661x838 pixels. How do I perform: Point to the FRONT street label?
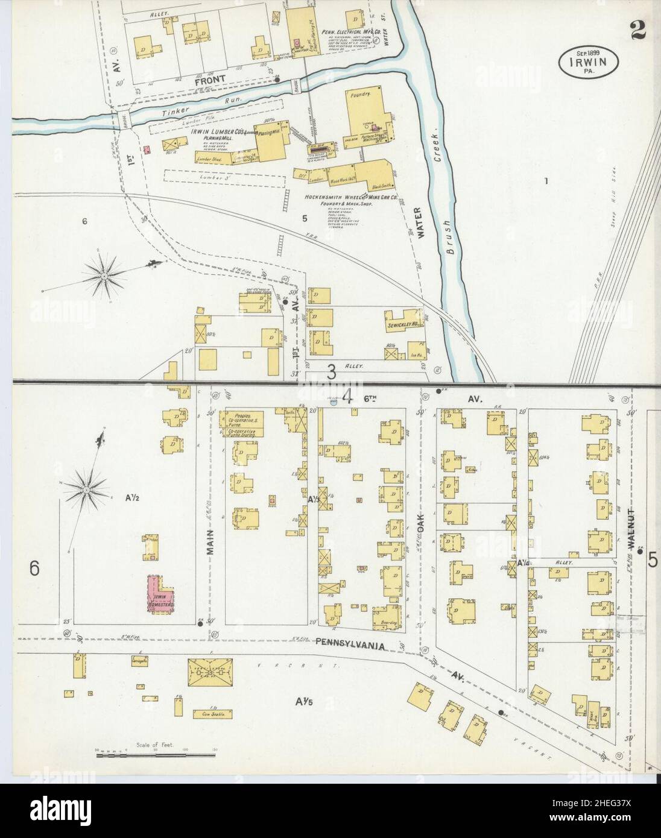point(210,79)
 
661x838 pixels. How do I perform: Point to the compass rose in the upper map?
point(105,276)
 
